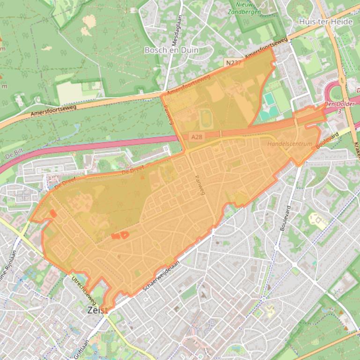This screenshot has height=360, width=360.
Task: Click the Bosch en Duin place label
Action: (171, 50)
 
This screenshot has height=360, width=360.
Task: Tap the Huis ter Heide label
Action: (328, 22)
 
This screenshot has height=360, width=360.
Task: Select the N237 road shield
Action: (233, 62)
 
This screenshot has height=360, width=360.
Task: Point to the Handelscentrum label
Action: (289, 144)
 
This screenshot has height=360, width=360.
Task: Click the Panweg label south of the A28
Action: (199, 185)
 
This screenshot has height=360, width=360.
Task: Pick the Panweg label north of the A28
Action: (169, 113)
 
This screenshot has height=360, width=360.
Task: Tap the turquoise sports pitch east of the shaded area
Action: (269, 99)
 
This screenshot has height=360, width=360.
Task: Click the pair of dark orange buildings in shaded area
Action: (120, 235)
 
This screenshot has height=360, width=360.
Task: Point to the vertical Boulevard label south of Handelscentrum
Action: (285, 217)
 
